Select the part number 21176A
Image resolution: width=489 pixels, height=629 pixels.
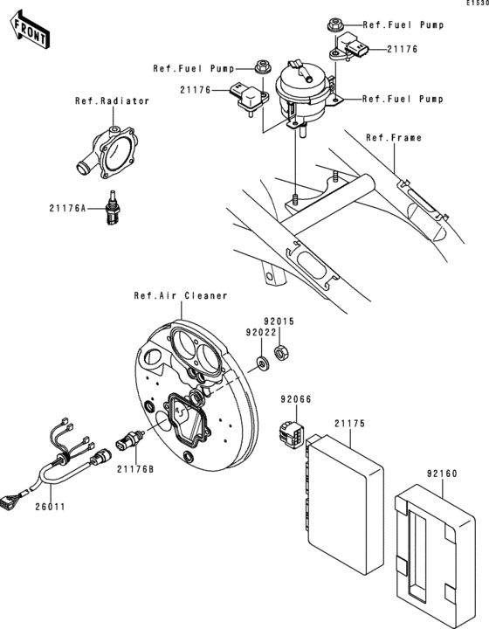point(68,208)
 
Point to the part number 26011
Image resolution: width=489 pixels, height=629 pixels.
point(51,506)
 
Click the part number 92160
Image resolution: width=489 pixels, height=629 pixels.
point(442,473)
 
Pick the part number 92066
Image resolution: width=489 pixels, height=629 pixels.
point(295,399)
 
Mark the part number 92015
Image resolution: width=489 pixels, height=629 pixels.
point(281,321)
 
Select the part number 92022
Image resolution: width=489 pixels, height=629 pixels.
point(261,332)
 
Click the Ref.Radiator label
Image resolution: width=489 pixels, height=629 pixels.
point(112,101)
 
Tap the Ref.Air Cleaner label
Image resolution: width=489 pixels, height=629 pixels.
point(181,295)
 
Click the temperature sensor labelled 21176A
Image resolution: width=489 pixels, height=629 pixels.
point(110,211)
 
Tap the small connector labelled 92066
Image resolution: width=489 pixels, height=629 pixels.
point(289,432)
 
